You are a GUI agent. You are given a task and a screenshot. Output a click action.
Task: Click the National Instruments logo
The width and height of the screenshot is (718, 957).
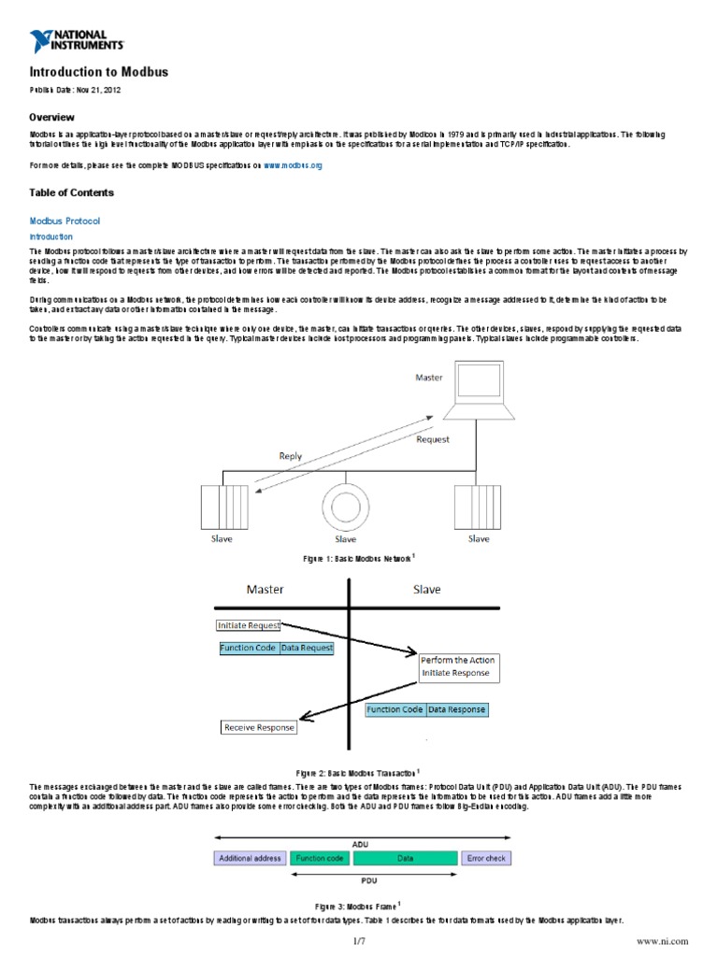(x=76, y=39)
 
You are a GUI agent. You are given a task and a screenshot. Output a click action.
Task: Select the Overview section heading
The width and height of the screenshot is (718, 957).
(x=52, y=118)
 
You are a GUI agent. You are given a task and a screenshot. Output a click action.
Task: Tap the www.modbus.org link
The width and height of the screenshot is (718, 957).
(x=293, y=164)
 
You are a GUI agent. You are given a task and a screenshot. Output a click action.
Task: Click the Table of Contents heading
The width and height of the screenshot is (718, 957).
(x=72, y=193)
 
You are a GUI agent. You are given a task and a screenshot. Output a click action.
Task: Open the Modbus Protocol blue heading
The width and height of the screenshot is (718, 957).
(x=65, y=221)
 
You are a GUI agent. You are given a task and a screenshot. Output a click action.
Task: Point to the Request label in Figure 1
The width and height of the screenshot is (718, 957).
(x=431, y=438)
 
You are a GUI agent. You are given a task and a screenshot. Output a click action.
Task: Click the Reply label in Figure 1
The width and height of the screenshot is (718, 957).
(x=291, y=456)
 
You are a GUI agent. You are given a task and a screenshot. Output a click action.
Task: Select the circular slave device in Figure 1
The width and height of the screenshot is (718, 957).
(x=345, y=506)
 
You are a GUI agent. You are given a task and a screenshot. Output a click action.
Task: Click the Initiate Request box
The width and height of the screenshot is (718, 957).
(x=249, y=625)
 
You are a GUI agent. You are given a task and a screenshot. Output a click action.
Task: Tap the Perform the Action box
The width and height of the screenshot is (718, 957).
(x=458, y=665)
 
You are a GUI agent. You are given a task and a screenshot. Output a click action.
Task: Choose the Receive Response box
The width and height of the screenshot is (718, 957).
(x=259, y=727)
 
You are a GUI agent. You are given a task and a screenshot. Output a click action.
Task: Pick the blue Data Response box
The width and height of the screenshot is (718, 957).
(x=457, y=709)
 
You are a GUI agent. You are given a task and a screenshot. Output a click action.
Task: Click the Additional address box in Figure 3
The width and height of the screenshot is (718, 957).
(x=250, y=857)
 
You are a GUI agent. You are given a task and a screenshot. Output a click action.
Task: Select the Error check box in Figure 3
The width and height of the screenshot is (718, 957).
(x=486, y=857)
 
